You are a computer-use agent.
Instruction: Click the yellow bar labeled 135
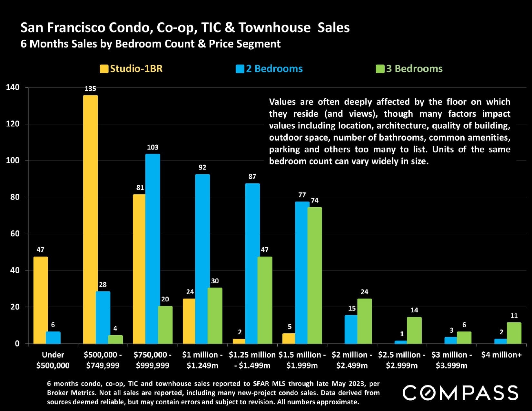90,219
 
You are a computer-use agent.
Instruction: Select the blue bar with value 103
153,249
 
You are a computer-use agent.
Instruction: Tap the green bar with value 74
315,275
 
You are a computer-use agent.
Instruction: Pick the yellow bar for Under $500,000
41,300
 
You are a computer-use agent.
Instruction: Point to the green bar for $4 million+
514,333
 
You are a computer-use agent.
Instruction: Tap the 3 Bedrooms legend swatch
380,69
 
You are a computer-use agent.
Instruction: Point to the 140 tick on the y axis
13,87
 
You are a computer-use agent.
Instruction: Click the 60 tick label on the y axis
15,234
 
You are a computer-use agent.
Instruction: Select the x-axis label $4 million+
501,355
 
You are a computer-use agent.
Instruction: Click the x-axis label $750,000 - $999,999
153,360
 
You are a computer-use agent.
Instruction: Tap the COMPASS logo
460,393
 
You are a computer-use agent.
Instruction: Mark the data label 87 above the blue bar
252,177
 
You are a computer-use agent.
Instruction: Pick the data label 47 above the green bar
265,250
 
